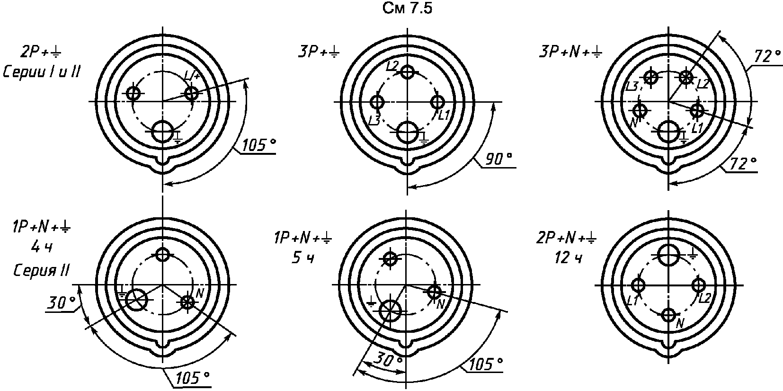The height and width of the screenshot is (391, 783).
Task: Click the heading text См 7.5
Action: click(408, 8)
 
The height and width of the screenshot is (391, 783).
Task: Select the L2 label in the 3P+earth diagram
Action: click(393, 65)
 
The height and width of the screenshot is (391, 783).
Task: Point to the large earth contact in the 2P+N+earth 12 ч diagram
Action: click(669, 255)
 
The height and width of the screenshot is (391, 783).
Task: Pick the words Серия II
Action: click(42, 270)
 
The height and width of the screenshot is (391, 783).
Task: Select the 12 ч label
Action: click(569, 258)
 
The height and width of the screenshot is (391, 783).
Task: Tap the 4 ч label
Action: click(42, 248)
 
